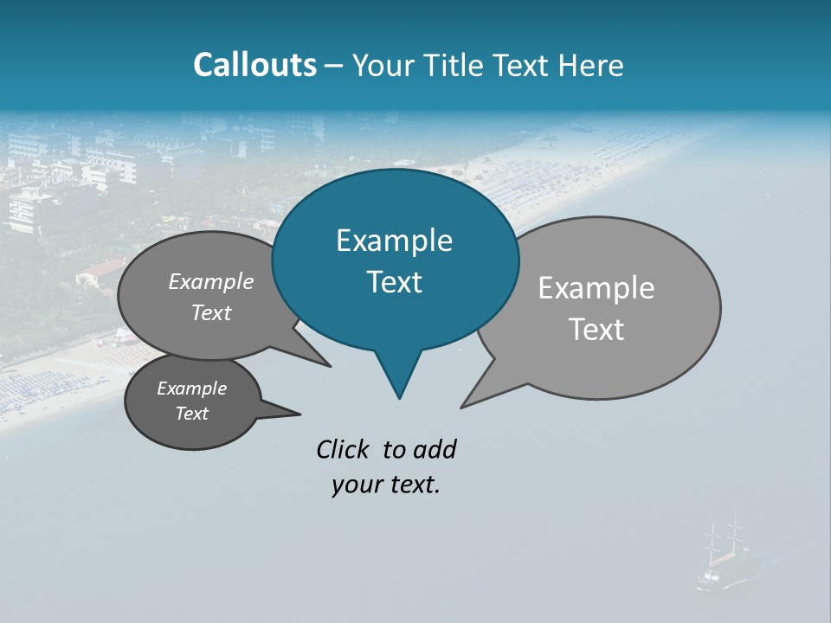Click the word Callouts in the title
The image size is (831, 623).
click(x=254, y=65)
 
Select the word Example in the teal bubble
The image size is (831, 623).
click(x=394, y=241)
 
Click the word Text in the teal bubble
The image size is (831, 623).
click(x=394, y=282)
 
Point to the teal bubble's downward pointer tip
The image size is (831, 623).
click(x=399, y=397)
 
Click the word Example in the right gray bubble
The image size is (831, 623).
click(x=596, y=288)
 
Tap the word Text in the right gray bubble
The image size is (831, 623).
click(x=596, y=330)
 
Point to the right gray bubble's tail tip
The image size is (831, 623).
click(x=462, y=406)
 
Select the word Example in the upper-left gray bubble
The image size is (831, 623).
click(x=211, y=281)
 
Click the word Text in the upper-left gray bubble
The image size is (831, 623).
click(x=211, y=312)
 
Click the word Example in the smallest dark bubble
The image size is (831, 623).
click(x=191, y=389)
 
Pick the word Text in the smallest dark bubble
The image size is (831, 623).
click(x=191, y=414)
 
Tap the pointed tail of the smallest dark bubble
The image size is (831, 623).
click(x=299, y=414)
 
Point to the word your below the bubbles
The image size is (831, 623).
click(x=354, y=485)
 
